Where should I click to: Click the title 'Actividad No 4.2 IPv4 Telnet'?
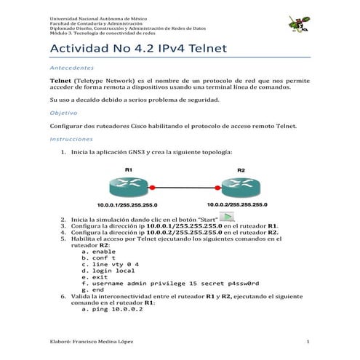coord(138,49)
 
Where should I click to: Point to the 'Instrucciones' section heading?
coord(71,138)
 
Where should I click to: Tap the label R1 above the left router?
coord(128,169)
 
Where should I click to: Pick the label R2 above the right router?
coord(241,169)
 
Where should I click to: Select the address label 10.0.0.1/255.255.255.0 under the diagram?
coord(128,205)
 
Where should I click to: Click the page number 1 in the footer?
coord(308,342)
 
